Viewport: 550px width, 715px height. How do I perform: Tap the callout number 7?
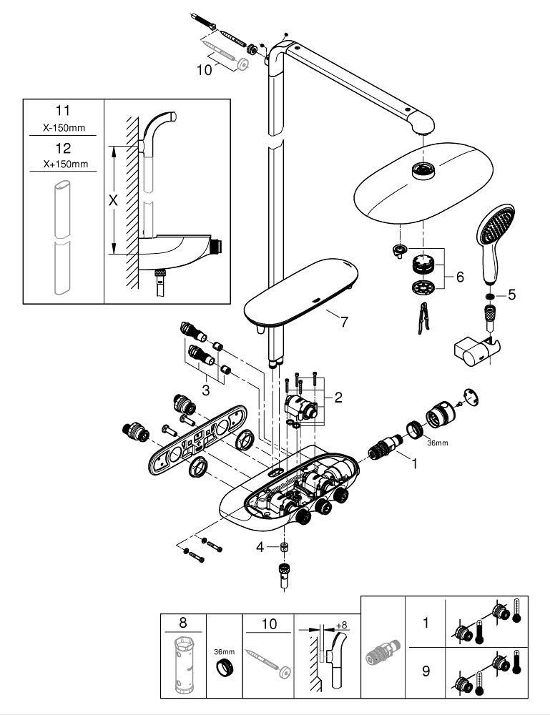[343, 322]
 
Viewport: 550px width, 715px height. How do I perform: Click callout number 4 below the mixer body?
[261, 547]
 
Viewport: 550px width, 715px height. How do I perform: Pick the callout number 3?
[205, 390]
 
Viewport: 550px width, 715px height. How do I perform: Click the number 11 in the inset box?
[64, 112]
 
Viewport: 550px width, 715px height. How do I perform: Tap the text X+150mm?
[64, 164]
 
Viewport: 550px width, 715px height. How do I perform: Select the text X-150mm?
[64, 129]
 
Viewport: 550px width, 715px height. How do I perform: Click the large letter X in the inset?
[112, 201]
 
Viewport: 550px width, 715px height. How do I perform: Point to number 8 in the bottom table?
[182, 623]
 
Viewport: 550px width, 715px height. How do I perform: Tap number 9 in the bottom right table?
[426, 672]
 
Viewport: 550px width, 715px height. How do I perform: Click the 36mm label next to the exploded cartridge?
[436, 443]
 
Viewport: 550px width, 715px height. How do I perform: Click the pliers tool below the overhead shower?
[424, 317]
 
